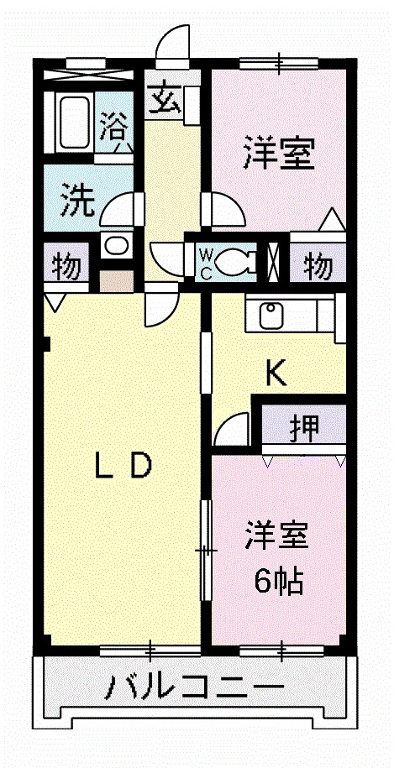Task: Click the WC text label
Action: tap(207, 262)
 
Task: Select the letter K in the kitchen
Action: tap(276, 372)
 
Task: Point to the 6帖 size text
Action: tap(278, 579)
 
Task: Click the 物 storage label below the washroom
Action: tap(66, 267)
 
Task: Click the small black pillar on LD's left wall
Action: tap(46, 343)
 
